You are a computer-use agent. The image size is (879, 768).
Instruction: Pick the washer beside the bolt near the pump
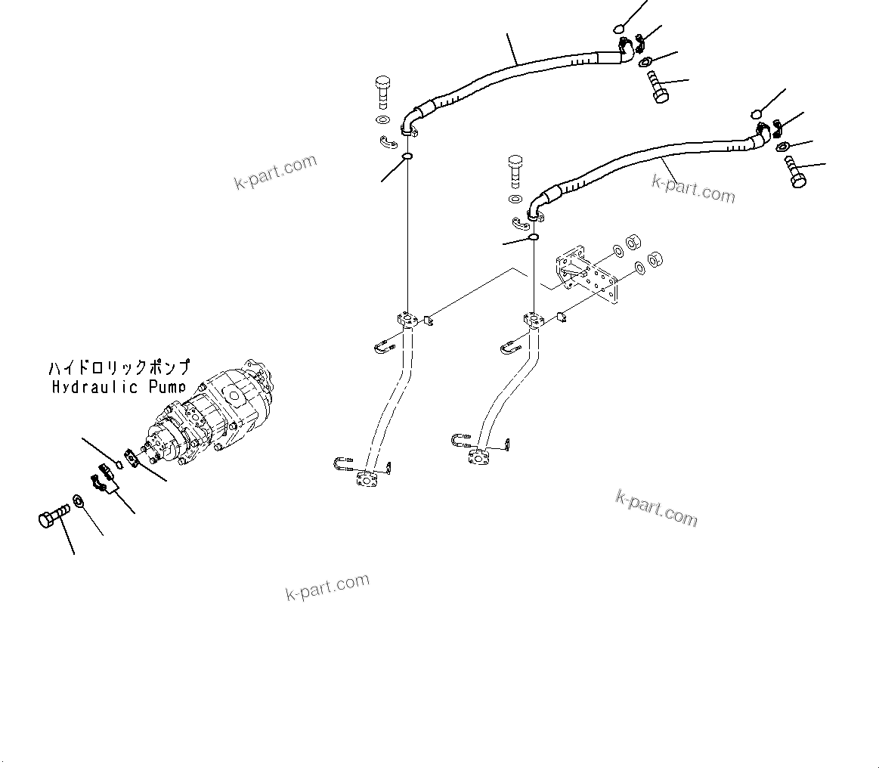pyautogui.click(x=79, y=500)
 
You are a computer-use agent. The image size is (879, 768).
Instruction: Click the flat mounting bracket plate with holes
pyautogui.click(x=588, y=275)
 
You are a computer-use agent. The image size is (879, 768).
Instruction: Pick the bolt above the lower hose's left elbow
pyautogui.click(x=515, y=169)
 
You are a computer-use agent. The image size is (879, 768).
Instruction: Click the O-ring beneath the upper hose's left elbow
pyautogui.click(x=407, y=157)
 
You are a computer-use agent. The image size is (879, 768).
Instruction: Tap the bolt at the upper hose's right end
pyautogui.click(x=658, y=87)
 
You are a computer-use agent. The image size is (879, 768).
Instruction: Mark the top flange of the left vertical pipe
pyautogui.click(x=407, y=321)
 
